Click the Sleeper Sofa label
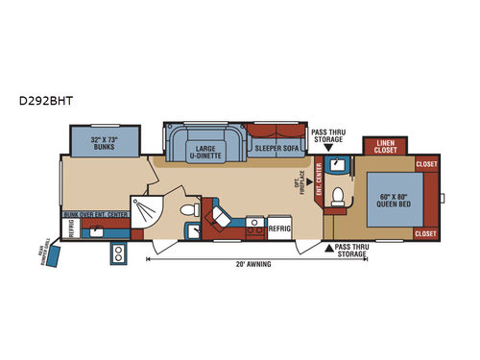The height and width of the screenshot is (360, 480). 276,149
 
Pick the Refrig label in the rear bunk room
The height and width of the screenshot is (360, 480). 70,228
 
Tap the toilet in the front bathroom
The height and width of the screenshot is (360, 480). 337,198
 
